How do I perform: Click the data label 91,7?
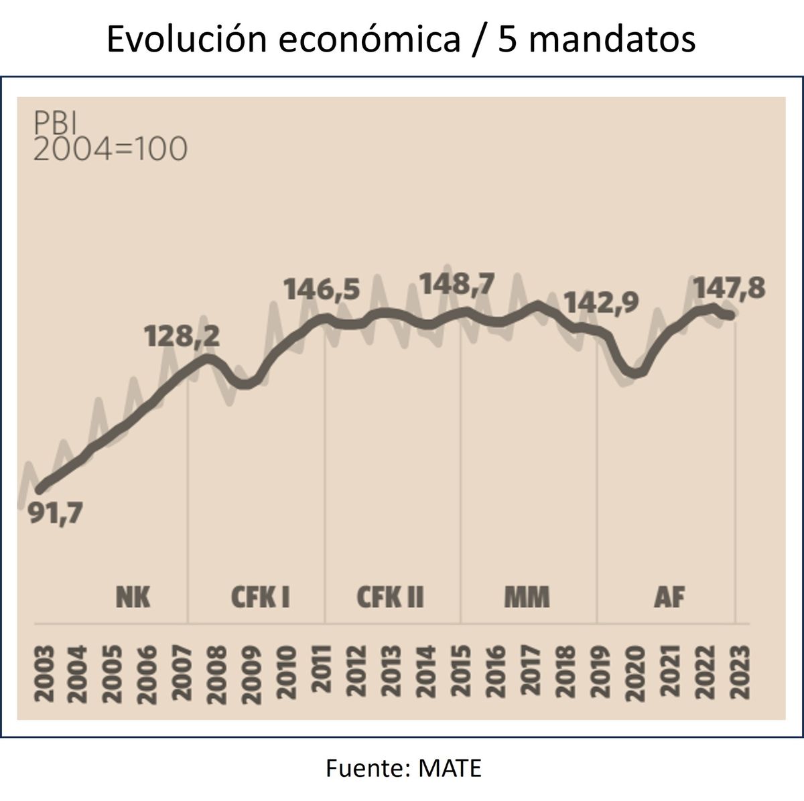[x=54, y=514]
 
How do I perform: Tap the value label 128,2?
[x=182, y=336]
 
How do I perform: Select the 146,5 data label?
[x=322, y=290]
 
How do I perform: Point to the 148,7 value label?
[x=456, y=283]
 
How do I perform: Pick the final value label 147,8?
[x=729, y=289]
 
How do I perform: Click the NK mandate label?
[x=133, y=596]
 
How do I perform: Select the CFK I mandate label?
[x=261, y=596]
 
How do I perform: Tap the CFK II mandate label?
[x=391, y=596]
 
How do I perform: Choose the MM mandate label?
[x=527, y=596]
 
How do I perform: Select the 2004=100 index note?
[x=110, y=149]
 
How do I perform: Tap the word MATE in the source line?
[x=450, y=768]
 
